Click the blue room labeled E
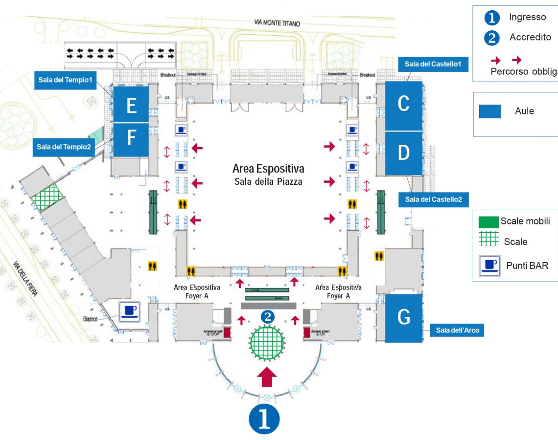(x=131, y=105)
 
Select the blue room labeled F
(x=131, y=139)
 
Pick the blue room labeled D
(x=403, y=153)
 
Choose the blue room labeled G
(x=404, y=318)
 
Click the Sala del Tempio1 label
(x=66, y=80)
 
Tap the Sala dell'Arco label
(x=457, y=331)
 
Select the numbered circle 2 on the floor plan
(x=267, y=317)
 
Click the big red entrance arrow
(x=267, y=377)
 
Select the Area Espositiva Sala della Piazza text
(x=268, y=175)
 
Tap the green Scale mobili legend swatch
(x=488, y=221)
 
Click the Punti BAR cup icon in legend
(x=489, y=265)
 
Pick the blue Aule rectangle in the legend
(x=490, y=111)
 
